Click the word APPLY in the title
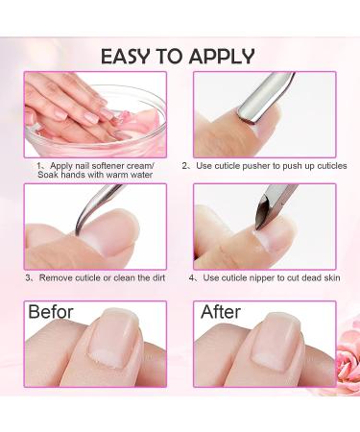[224, 55]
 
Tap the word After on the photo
[221, 312]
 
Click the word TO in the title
[178, 55]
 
